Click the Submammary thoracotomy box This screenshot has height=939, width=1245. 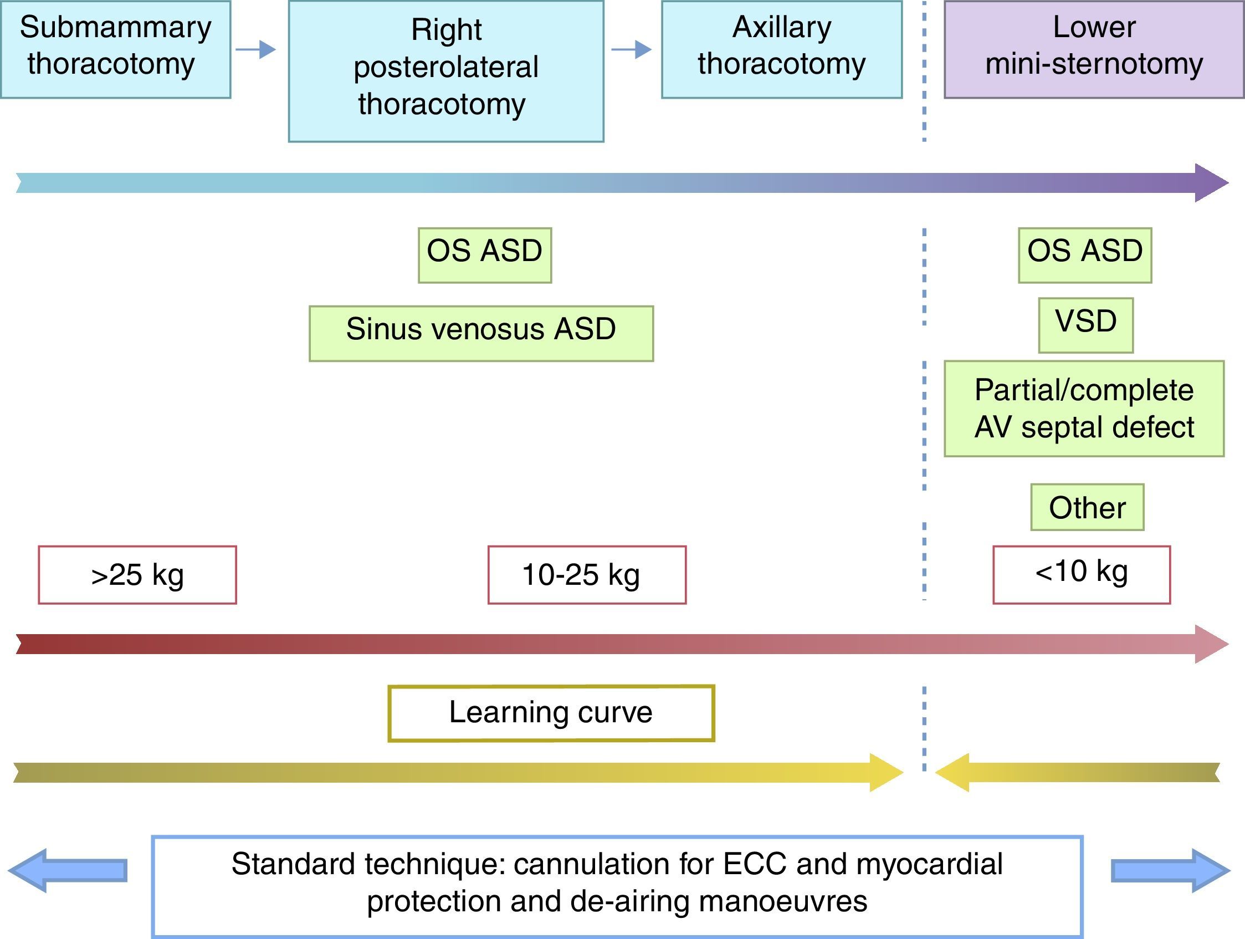[x=115, y=49]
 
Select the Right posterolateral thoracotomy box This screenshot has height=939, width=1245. [x=446, y=71]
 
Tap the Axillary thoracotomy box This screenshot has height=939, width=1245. [x=781, y=49]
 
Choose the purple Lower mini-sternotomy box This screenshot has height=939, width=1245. [x=1094, y=49]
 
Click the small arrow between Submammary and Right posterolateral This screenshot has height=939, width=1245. [x=256, y=49]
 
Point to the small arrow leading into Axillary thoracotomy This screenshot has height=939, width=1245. [x=632, y=49]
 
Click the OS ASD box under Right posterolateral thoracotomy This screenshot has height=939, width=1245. [x=485, y=255]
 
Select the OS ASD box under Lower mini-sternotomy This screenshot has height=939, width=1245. [x=1084, y=255]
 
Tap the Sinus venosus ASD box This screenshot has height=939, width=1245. [x=481, y=333]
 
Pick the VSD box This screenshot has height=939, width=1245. [x=1085, y=325]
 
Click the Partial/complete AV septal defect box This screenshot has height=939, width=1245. [x=1083, y=408]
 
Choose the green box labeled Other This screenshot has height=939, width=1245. [x=1087, y=507]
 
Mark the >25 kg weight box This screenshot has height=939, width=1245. [x=137, y=574]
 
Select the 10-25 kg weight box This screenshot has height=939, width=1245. [x=586, y=574]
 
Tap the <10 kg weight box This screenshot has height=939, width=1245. [x=1081, y=574]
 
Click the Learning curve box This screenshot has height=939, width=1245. [x=550, y=713]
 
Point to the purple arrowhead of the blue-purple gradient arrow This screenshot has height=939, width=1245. [x=1210, y=183]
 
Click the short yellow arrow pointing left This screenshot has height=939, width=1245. [x=1075, y=772]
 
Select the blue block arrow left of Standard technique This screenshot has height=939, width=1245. [x=68, y=870]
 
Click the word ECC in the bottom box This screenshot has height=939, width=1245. [x=754, y=864]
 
